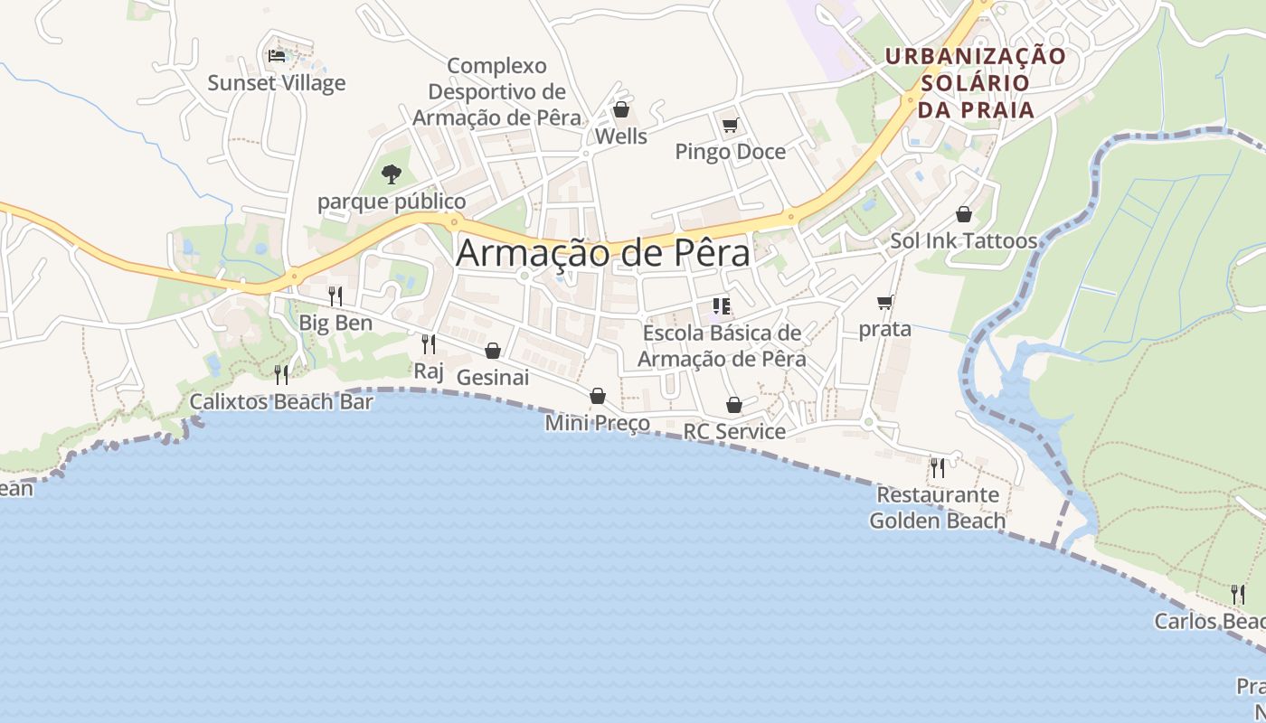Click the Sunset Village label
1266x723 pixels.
pos(277,83)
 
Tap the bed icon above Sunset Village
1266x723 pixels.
pos(277,56)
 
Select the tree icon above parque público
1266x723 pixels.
pos(391,174)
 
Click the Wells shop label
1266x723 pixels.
pos(621,136)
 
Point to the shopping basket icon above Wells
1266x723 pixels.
pos(621,110)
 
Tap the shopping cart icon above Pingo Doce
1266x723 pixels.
pos(730,125)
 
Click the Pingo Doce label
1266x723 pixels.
pos(731,152)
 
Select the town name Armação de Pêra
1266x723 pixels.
pos(603,253)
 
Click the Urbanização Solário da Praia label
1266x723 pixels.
pos(976,83)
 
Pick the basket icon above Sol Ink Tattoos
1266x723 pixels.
pos(964,214)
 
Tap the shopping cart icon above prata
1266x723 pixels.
pos(884,302)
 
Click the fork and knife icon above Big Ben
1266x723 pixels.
pos(335,296)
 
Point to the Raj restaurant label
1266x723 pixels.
pos(429,371)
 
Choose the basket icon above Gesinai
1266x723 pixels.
pos(493,351)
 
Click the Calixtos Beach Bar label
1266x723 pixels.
pos(281,401)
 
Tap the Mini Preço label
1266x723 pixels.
pos(597,423)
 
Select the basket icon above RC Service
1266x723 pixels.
pos(734,405)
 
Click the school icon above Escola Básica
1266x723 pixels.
pos(722,306)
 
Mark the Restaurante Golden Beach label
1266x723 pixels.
pos(938,508)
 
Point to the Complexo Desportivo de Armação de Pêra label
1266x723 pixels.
pos(497,91)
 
